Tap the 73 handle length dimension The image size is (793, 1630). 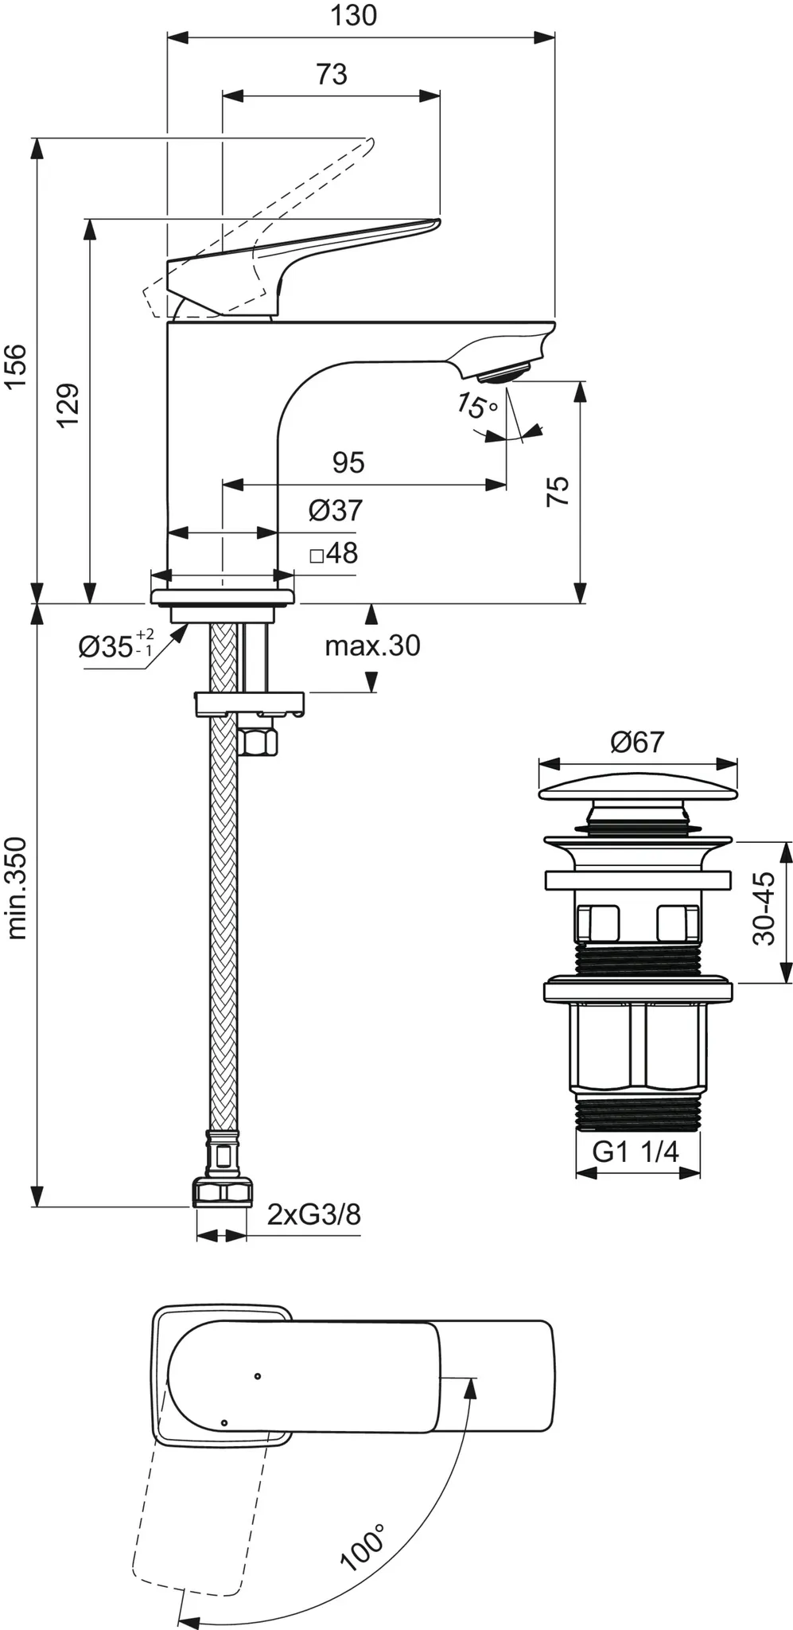(x=332, y=74)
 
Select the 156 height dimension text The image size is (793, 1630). (x=16, y=366)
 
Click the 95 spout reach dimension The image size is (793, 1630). (x=348, y=462)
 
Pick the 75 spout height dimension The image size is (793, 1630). (x=558, y=490)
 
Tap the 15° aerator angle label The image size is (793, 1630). (x=476, y=407)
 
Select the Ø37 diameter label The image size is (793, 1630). (x=335, y=510)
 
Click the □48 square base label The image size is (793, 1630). (x=333, y=553)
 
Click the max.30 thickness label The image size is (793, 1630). (x=372, y=645)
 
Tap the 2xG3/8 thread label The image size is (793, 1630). (x=313, y=1215)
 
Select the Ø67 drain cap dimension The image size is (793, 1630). (x=636, y=743)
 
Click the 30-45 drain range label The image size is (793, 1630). (x=763, y=908)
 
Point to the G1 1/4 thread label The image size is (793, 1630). (x=636, y=1152)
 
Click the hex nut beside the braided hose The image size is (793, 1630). (x=258, y=743)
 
